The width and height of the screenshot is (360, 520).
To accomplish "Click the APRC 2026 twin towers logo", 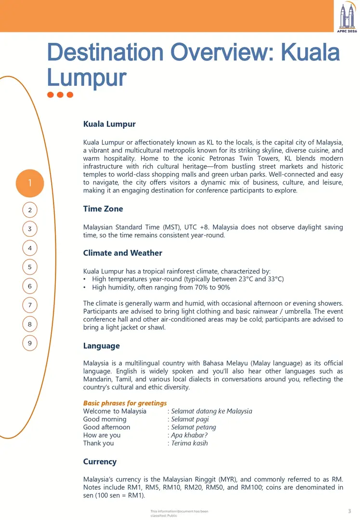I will [x=347, y=17].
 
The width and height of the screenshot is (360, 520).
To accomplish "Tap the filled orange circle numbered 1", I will [x=30, y=183].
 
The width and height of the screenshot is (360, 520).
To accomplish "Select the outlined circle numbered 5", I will [x=30, y=267].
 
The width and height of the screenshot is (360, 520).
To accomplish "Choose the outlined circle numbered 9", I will [x=30, y=343].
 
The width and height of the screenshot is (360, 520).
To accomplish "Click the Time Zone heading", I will [x=103, y=209].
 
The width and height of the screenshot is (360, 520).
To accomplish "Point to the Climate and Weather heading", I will [x=123, y=253].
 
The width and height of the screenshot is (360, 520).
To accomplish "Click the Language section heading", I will [x=102, y=346].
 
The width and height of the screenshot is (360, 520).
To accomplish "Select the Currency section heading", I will [x=100, y=462].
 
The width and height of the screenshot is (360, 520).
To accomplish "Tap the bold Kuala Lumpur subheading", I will [x=109, y=124].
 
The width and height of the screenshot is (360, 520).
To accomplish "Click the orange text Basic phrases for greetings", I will [x=125, y=403].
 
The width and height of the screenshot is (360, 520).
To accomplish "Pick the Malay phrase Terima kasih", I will [x=190, y=443].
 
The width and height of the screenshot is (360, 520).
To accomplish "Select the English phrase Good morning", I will [x=105, y=419].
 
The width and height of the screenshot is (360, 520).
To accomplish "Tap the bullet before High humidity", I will [x=85, y=287].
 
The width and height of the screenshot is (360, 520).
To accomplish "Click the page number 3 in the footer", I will [x=349, y=511].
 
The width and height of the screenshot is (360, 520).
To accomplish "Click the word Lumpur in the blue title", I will [x=87, y=77].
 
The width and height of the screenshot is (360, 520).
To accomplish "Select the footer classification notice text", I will [x=179, y=513].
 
